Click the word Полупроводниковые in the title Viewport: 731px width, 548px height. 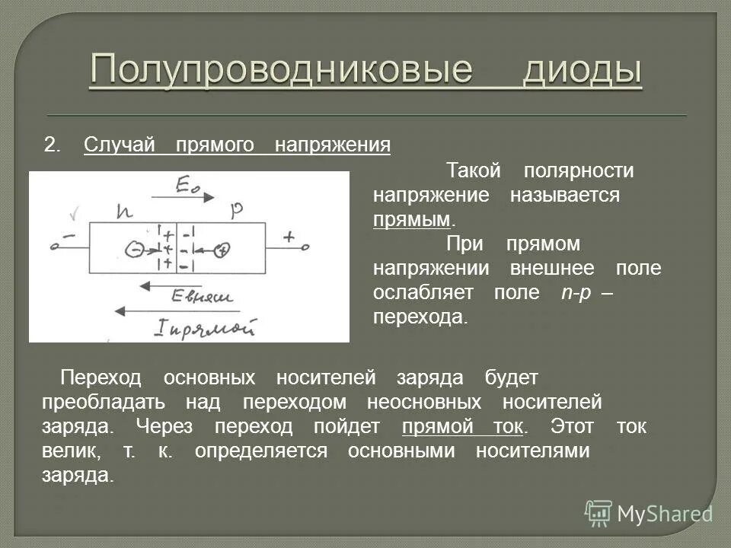[x=281, y=71]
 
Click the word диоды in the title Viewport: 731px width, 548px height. [x=583, y=71]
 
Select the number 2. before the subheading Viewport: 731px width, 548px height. [x=52, y=145]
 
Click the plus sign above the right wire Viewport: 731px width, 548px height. [x=289, y=237]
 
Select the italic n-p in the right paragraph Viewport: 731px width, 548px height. [x=570, y=293]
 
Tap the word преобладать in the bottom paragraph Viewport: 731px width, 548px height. [x=103, y=402]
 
